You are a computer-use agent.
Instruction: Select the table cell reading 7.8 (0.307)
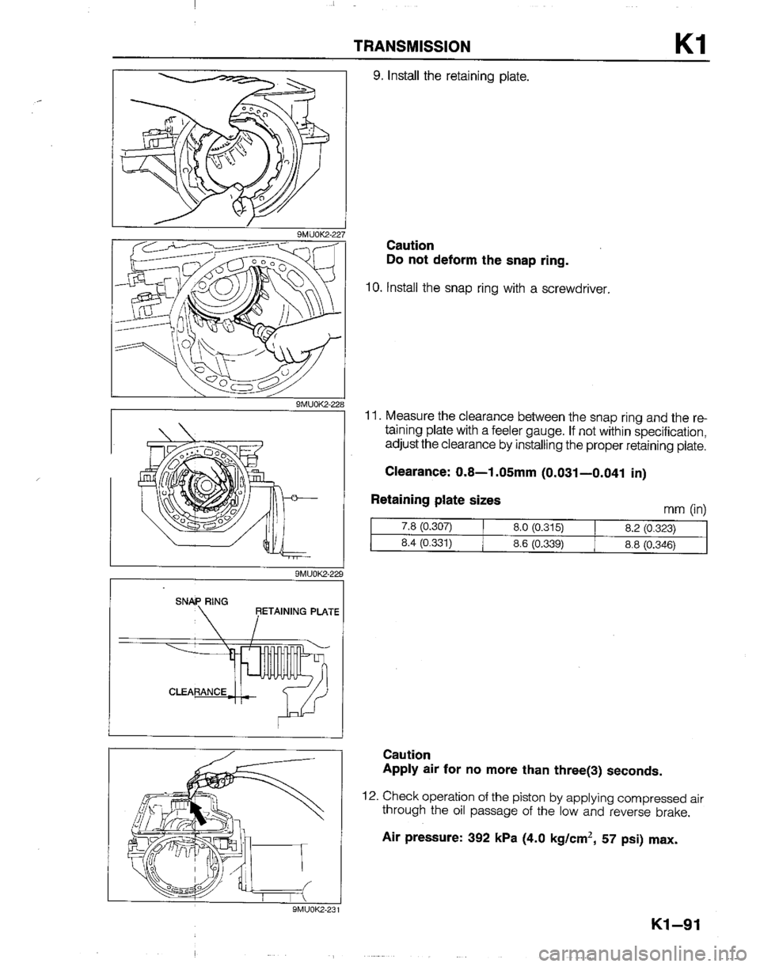pos(427,527)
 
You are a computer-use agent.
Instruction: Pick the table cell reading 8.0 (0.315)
pos(538,528)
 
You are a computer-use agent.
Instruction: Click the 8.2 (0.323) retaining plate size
pos(651,529)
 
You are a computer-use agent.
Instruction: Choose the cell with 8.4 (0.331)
pos(427,543)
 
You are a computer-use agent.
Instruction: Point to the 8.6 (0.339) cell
pos(538,543)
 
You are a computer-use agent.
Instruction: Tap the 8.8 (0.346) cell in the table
pos(651,544)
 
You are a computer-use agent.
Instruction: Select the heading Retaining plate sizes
pos(436,500)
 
